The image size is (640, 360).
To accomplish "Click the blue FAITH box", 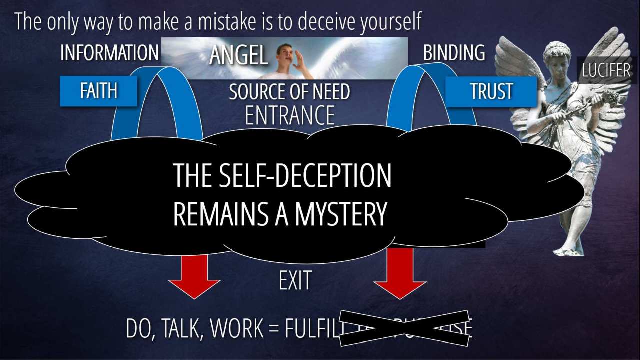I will click(98, 91).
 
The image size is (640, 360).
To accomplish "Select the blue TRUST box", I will click(491, 91).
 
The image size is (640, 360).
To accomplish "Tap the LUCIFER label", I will click(606, 70).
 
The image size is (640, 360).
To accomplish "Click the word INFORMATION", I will click(109, 53).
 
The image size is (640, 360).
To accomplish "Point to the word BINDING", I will click(454, 53).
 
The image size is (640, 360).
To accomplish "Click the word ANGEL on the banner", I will click(239, 56).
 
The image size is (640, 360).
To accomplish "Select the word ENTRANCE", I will click(290, 115).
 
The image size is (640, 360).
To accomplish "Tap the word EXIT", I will click(295, 281).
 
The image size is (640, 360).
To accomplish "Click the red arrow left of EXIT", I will click(194, 277).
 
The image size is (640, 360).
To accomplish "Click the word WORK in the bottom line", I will click(239, 328).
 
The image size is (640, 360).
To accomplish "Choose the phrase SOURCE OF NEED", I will click(289, 92).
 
